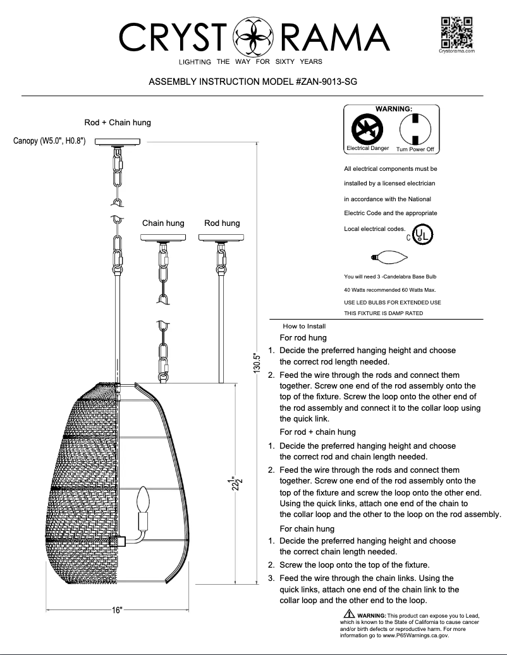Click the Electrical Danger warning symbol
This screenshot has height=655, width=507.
pos(367,130)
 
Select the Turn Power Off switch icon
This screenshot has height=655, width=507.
pos(415,129)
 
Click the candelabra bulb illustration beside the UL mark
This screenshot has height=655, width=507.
pos(389,257)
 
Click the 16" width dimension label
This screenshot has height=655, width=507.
pos(118,610)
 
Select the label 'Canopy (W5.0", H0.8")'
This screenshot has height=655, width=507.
pos(49,140)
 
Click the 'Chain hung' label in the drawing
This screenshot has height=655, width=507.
pos(163,223)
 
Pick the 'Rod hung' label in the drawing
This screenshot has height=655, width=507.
pos(222,223)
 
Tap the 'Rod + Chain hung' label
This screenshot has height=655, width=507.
pos(118,122)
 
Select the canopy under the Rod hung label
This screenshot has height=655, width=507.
pos(222,238)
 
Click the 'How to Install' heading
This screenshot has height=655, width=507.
pos(304,326)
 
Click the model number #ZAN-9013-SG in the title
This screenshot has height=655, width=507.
pos(323,82)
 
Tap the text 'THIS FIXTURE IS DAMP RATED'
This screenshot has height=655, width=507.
pos(383,313)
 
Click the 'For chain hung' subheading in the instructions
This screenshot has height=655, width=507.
pos(307,528)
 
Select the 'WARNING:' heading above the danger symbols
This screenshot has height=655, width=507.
pos(394,109)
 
